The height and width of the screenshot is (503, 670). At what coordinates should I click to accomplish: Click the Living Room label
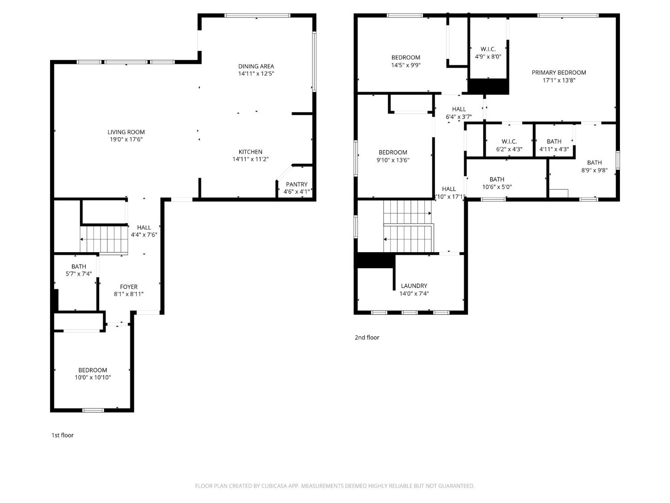(x=126, y=132)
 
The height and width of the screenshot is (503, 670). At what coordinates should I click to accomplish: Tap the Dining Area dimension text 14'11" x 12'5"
(x=256, y=74)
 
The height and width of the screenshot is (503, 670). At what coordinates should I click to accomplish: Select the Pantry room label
(x=297, y=184)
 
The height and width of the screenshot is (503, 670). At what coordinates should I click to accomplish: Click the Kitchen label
(x=250, y=152)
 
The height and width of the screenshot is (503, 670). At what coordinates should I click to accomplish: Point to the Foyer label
(x=129, y=287)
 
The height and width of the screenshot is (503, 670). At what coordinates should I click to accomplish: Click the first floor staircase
(x=104, y=240)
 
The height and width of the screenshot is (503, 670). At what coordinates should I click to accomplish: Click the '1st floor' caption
(x=63, y=435)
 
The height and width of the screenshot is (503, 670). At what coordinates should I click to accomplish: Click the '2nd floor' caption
(x=367, y=338)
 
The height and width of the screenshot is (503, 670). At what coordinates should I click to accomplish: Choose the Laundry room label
(x=414, y=286)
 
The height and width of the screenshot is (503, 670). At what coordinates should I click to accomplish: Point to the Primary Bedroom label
(x=559, y=72)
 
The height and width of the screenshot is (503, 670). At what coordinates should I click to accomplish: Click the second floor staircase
(x=408, y=227)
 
